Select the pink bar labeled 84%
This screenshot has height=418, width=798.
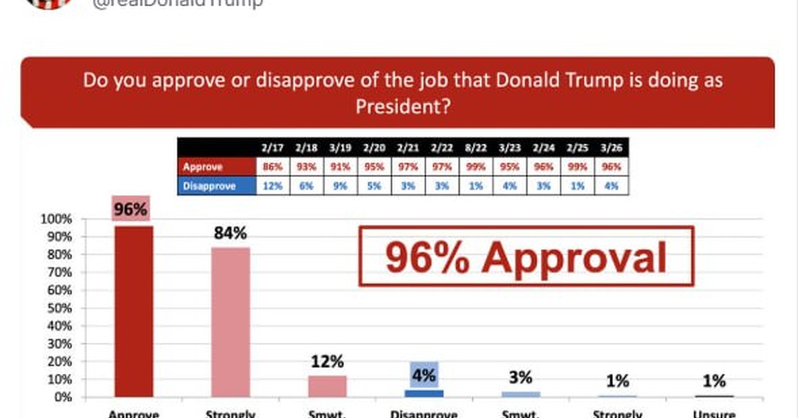231,322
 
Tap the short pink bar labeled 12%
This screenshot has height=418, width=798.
327,386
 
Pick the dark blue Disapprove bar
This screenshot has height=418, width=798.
424,393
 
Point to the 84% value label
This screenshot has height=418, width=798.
231,234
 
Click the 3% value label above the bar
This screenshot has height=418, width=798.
521,377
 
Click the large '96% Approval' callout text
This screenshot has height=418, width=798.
525,257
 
